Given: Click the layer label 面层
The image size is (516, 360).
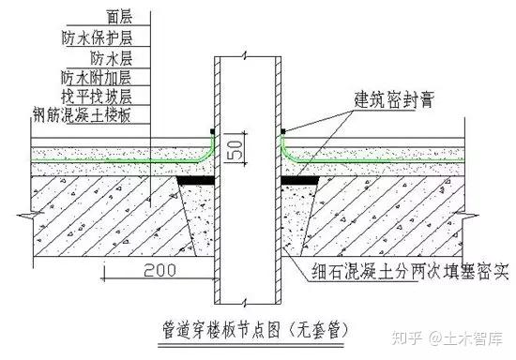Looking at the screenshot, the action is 119,16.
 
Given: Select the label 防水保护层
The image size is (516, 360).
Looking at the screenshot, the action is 97,37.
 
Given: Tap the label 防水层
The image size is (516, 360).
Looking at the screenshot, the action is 112,58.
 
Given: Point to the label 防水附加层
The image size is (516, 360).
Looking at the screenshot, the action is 96,78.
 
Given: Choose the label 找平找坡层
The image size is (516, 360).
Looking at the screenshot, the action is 97,96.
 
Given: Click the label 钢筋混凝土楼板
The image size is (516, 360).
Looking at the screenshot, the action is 82,114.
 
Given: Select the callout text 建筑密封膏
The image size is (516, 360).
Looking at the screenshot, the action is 394,99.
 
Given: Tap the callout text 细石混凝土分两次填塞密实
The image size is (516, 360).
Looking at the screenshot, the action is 410,271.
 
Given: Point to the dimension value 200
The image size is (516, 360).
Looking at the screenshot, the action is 159,270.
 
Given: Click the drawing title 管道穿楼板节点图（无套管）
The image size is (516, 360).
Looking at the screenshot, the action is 255,330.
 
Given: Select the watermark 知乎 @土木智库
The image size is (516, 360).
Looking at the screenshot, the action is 447,338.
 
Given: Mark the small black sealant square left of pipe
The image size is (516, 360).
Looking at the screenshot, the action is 213,131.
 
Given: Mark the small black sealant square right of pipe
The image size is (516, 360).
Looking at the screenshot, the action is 283,131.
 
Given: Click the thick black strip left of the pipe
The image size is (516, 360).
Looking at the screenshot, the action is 196,180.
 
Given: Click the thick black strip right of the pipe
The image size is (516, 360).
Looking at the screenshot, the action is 300,180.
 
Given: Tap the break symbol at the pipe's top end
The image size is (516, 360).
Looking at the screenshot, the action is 244,56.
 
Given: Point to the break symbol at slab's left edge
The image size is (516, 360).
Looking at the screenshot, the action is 30,216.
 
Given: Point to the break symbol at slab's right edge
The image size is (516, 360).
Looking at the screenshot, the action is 466,216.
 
